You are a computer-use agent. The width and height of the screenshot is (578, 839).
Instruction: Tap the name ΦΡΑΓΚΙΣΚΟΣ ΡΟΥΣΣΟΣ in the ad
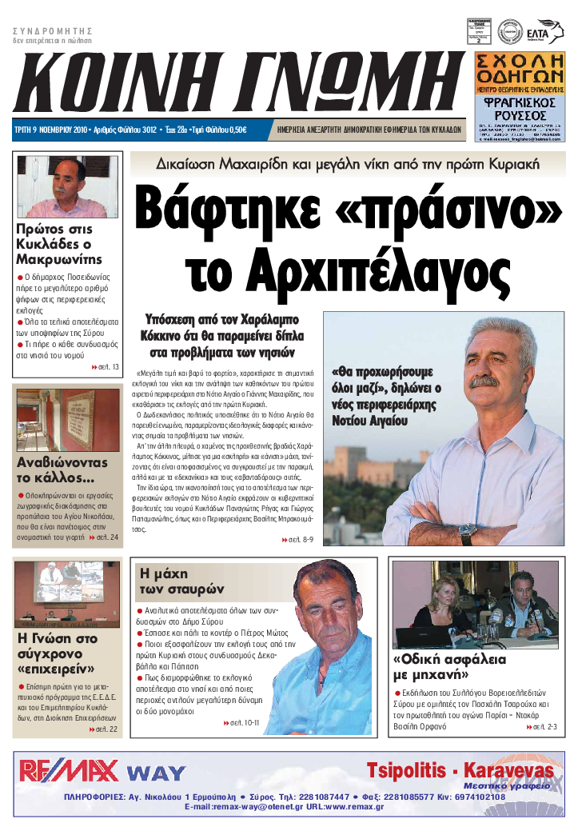click(x=520, y=109)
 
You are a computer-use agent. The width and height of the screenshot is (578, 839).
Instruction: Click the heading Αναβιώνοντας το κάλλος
click(x=62, y=470)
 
